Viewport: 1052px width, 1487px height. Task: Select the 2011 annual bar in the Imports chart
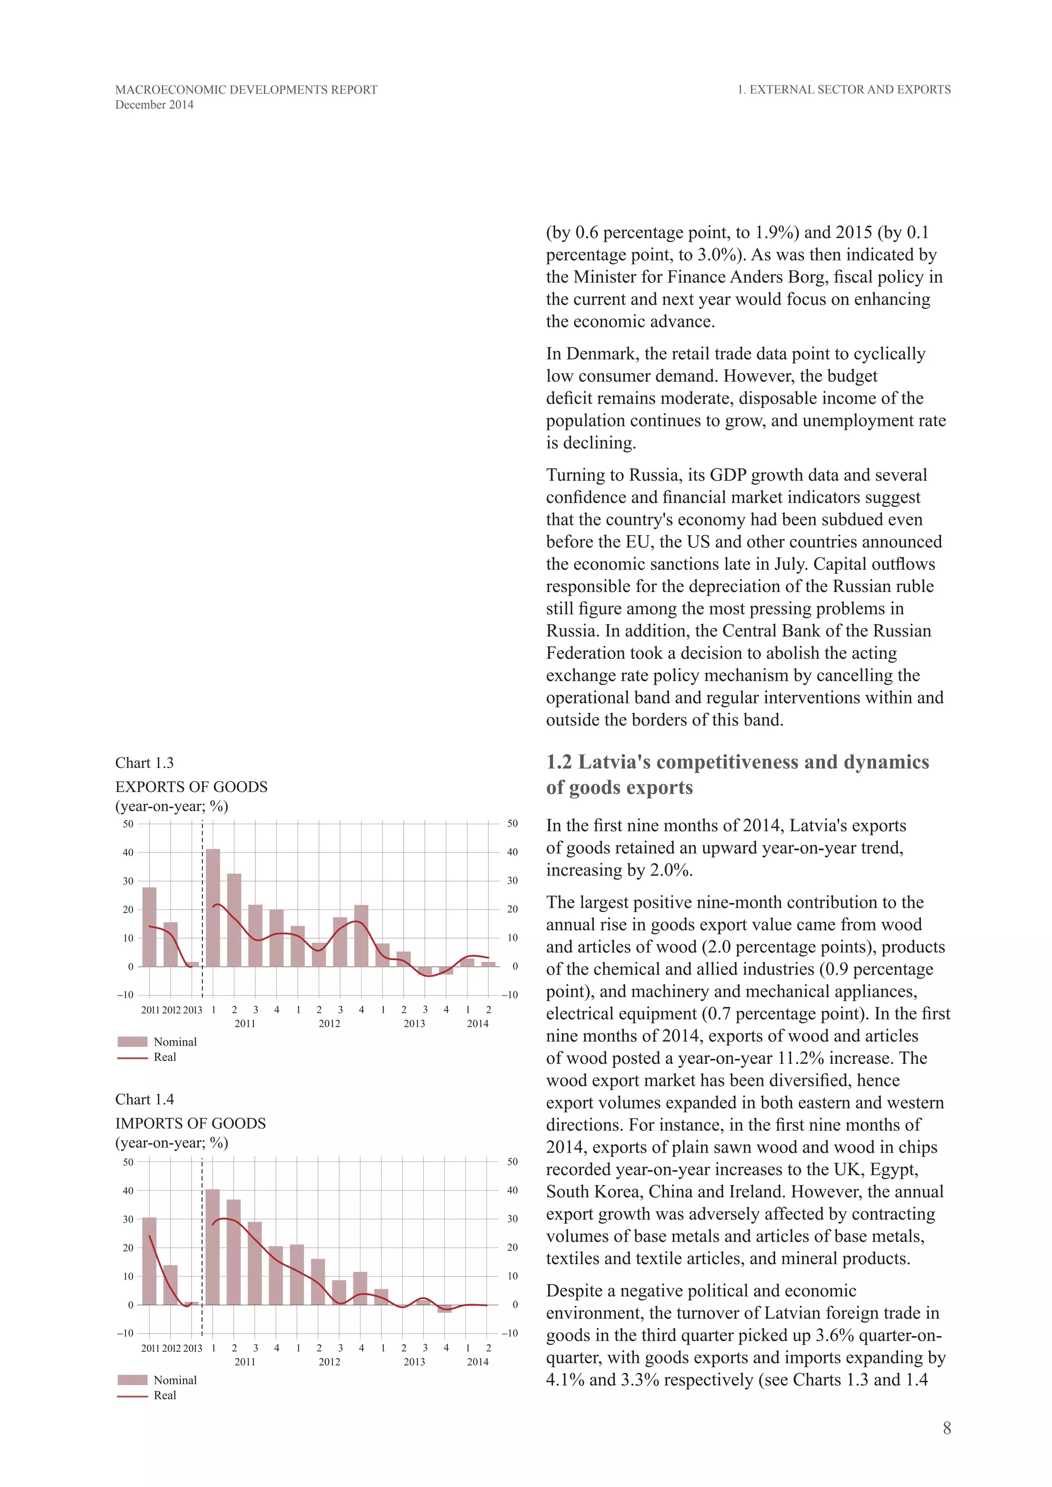click(149, 1261)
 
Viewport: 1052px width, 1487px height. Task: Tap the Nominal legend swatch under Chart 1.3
click(133, 1041)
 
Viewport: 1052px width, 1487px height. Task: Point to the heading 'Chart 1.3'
click(144, 763)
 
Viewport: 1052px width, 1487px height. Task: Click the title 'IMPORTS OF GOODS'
click(191, 1123)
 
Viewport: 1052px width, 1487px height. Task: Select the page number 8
click(946, 1428)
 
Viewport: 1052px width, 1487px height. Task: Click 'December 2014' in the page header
click(154, 105)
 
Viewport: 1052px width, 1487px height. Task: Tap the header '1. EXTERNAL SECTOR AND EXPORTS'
click(844, 90)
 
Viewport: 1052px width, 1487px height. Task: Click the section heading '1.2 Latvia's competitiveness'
click(737, 762)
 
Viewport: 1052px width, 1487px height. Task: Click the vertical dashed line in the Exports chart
click(202, 907)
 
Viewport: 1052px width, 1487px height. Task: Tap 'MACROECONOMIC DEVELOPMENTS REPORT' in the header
click(246, 90)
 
